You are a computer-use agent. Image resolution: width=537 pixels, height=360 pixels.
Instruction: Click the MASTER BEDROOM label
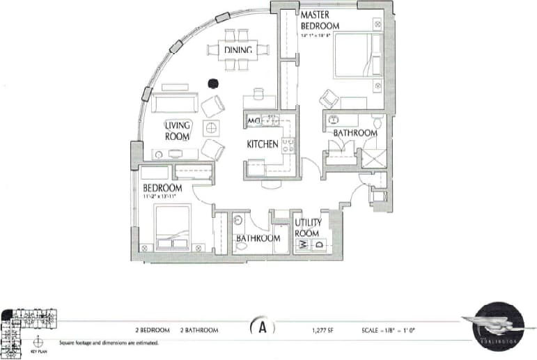coord(320,20)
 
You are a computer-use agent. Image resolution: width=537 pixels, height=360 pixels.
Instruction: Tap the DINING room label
coord(238,50)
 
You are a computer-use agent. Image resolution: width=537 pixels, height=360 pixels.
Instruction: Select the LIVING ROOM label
coord(178,130)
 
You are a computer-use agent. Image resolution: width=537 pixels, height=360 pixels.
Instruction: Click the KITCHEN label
coord(263,145)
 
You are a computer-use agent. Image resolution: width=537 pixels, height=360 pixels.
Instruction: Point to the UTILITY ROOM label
coord(306,228)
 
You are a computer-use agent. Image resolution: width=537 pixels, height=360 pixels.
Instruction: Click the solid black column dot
coord(213,83)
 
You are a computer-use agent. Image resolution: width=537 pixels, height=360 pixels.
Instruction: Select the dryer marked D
coord(319,244)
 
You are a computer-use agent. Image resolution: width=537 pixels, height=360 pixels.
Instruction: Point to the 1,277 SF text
coord(325,329)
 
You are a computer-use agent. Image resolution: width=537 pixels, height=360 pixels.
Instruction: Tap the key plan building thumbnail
coord(27,327)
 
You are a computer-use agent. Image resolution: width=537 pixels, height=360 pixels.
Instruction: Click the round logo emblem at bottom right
coord(498,327)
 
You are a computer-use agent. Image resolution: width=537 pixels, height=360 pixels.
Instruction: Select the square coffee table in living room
coord(211,128)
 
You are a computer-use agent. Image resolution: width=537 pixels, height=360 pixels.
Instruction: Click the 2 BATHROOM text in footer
coord(199,329)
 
